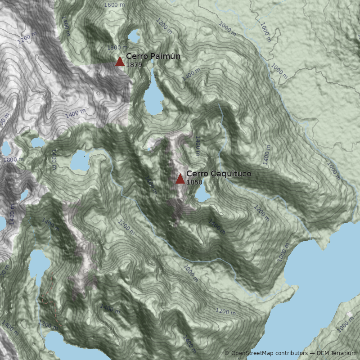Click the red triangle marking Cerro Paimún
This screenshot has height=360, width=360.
pyautogui.click(x=120, y=62)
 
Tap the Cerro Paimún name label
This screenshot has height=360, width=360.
pyautogui.click(x=153, y=56)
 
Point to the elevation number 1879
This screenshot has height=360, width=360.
pyautogui.click(x=134, y=65)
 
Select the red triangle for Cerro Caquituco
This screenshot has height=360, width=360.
pyautogui.click(x=180, y=179)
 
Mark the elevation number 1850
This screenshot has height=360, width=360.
pyautogui.click(x=194, y=182)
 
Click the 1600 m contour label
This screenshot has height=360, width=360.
pyautogui.click(x=114, y=5)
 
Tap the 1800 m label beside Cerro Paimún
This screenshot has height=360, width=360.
pyautogui.click(x=117, y=47)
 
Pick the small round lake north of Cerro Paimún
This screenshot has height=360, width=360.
pyautogui.click(x=134, y=36)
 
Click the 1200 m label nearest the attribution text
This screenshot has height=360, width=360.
pyautogui.click(x=225, y=311)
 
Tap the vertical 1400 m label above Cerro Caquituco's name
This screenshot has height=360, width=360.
pyautogui.click(x=197, y=146)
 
